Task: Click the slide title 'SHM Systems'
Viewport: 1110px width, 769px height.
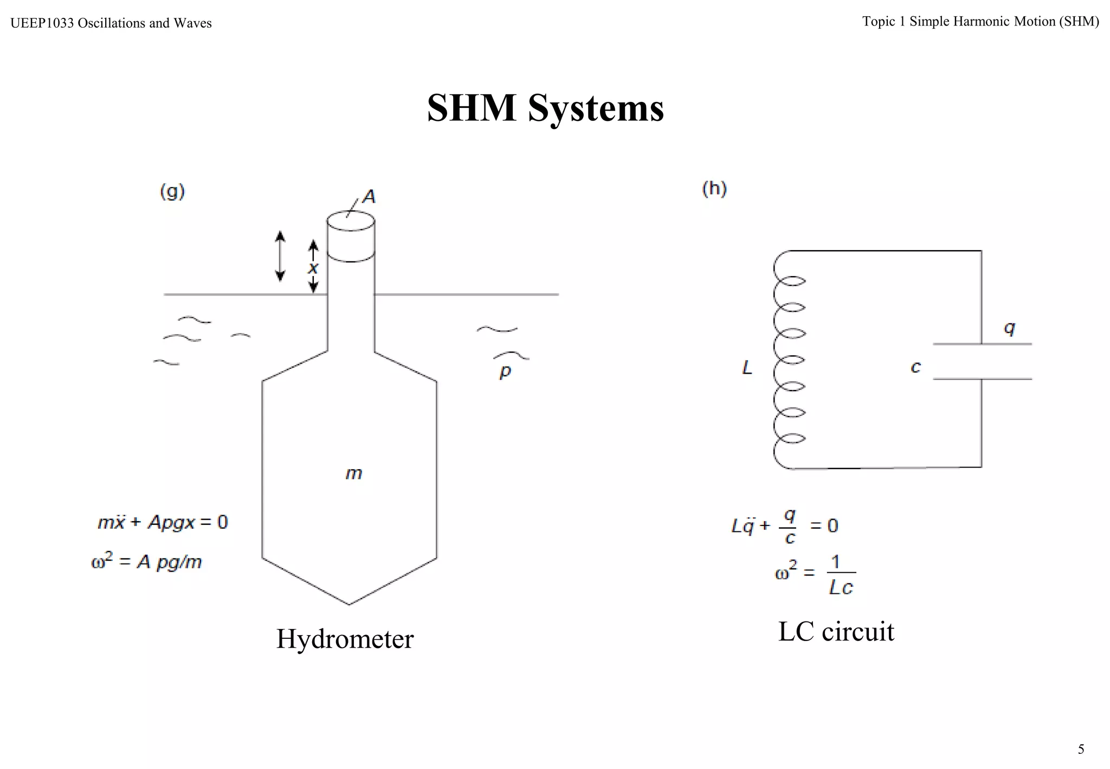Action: click(545, 107)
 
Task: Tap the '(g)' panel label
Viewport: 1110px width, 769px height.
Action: click(172, 191)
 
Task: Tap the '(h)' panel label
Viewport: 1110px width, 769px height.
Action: click(714, 189)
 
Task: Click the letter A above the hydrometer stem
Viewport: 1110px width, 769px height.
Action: click(369, 196)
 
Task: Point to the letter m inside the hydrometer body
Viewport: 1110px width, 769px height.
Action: click(354, 473)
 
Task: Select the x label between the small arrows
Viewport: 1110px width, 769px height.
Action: click(313, 268)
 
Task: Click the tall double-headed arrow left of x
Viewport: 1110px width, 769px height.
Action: click(280, 256)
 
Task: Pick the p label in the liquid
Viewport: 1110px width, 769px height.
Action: click(505, 371)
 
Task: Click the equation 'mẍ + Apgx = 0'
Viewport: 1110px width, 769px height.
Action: click(163, 522)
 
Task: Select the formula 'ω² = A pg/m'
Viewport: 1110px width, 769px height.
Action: click(146, 561)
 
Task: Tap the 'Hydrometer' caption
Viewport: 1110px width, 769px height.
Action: click(345, 639)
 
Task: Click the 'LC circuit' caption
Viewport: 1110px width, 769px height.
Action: click(836, 632)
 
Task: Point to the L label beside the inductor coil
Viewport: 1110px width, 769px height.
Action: click(747, 368)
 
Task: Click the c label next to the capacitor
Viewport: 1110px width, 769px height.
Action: click(915, 367)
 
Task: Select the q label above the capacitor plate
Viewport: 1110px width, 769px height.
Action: click(1009, 328)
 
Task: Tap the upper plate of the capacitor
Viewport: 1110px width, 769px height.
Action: click(982, 344)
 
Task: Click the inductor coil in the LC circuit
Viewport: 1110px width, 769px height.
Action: click(789, 360)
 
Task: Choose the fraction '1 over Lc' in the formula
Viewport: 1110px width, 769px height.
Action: click(841, 575)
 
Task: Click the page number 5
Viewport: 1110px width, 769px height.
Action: click(1081, 749)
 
